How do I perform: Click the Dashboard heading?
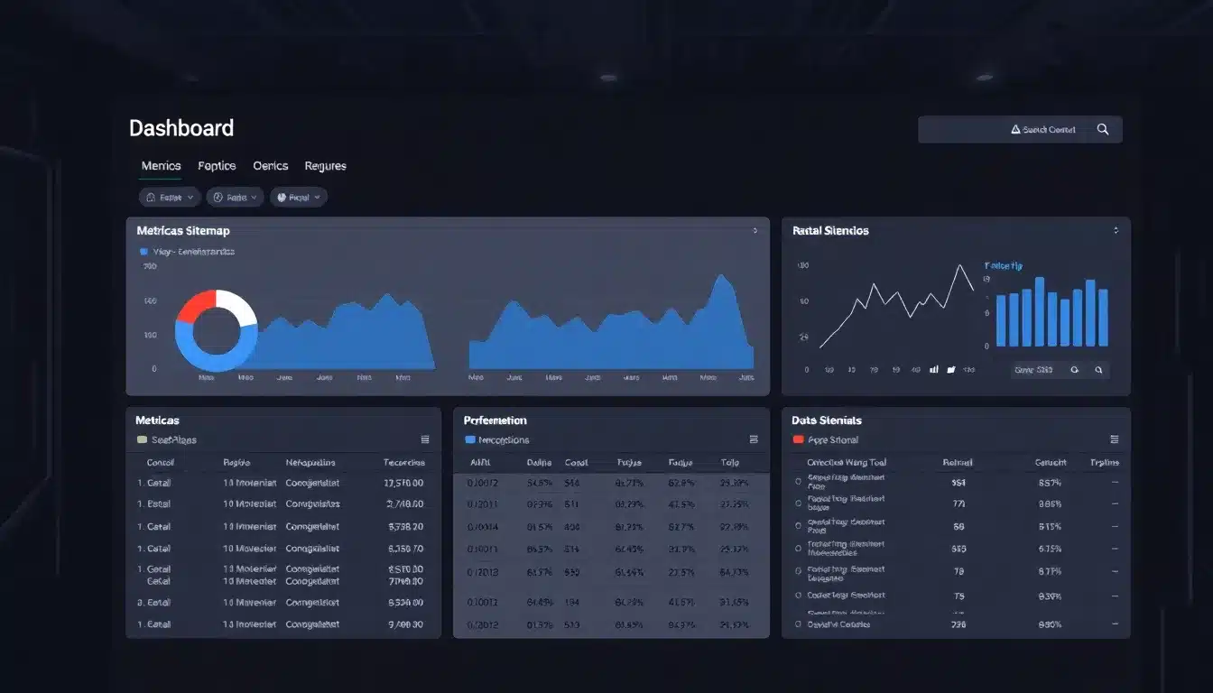181,128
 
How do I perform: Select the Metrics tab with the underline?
161,166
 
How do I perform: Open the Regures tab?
325,166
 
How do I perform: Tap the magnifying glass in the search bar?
1102,129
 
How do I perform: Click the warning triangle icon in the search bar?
1015,130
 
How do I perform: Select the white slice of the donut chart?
238,308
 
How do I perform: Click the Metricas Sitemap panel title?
183,231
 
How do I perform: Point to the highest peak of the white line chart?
958,265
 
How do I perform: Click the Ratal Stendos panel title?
830,231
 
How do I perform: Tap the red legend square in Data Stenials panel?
798,439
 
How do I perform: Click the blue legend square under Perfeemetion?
469,439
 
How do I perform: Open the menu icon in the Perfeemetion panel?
754,439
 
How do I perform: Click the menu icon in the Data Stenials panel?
1114,439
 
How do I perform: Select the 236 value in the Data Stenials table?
958,624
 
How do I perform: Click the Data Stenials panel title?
827,420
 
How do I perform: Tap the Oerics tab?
270,166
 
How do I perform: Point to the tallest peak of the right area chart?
720,276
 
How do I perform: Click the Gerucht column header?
1051,463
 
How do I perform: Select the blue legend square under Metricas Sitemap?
143,252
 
